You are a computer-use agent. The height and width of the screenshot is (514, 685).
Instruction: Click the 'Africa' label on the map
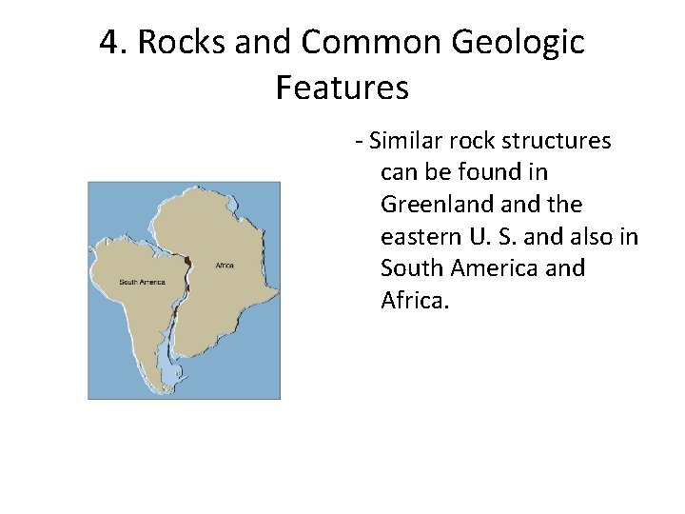225,266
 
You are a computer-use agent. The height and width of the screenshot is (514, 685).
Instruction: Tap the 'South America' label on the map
142,282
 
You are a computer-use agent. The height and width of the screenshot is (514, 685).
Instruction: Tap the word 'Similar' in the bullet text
400,142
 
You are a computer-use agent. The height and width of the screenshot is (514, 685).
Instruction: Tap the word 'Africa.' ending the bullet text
412,301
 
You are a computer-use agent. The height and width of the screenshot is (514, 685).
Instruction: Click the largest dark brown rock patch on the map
188,261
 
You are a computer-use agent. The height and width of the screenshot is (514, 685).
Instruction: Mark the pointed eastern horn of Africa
276,288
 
